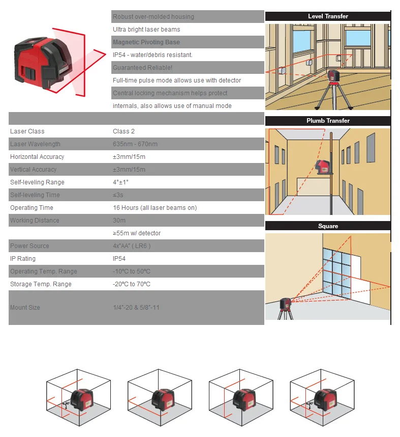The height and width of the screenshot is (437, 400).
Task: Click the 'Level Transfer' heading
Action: point(328,16)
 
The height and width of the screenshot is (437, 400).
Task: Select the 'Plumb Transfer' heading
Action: point(328,121)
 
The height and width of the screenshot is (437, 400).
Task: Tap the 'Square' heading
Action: point(328,226)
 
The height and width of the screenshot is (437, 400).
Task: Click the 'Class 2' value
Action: point(124,131)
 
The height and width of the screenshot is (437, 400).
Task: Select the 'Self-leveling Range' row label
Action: point(37,182)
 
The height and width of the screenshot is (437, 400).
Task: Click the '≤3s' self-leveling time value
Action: point(119,195)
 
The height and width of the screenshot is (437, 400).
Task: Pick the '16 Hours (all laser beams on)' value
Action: point(155,208)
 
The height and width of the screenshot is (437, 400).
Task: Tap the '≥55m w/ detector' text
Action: point(137,233)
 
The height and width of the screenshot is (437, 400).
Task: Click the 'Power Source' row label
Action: point(29,246)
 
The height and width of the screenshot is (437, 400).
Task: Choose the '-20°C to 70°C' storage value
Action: point(132,284)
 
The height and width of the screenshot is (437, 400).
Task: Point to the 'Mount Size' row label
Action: point(25,308)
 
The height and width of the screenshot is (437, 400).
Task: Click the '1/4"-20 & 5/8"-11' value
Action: point(136,308)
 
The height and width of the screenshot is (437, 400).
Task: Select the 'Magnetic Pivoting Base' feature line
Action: point(146,42)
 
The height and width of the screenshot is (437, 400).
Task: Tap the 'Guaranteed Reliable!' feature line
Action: point(142,68)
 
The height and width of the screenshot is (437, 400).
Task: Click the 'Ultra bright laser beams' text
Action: point(146,30)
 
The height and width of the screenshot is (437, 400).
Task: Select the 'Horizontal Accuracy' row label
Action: point(37,157)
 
